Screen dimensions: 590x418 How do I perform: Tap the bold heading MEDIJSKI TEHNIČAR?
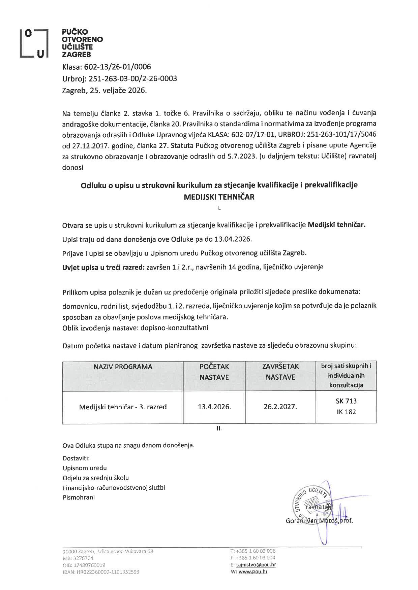[219, 197]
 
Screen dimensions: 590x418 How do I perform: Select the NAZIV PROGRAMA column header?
[123, 367]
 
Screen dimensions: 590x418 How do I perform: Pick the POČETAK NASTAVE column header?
[214, 372]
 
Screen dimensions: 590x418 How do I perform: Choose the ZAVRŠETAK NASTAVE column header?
[280, 372]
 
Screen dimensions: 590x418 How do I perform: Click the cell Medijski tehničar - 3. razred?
[123, 407]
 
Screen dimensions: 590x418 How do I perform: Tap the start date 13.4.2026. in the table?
[214, 407]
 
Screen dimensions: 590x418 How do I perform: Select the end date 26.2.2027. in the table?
[280, 407]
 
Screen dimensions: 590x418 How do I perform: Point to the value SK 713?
[346, 401]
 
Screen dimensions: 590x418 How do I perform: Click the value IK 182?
[346, 412]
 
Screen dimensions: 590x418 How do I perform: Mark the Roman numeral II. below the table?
[219, 429]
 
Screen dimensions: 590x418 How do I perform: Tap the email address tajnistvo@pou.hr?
[256, 565]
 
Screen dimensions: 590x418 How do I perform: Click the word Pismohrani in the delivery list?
[79, 497]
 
